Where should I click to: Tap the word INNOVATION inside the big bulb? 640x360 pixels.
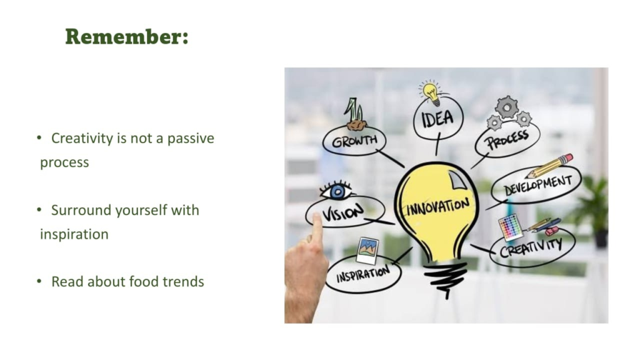[438, 206]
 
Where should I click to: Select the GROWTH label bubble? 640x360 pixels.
[354, 141]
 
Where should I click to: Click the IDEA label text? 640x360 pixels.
[437, 119]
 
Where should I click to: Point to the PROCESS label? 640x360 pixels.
[507, 139]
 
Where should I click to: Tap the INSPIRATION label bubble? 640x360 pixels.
[363, 274]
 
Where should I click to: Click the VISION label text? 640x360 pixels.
[342, 212]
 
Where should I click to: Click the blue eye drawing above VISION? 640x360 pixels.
[337, 191]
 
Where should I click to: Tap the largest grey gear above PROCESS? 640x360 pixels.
[507, 107]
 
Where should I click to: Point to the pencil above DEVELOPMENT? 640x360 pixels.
[549, 166]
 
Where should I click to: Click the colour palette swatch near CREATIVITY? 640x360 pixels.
[510, 226]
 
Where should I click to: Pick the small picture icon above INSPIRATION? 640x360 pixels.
[367, 249]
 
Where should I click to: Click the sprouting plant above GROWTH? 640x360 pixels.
[354, 114]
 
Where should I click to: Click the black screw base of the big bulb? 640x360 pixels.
[445, 278]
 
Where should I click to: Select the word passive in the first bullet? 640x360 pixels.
[191, 139]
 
